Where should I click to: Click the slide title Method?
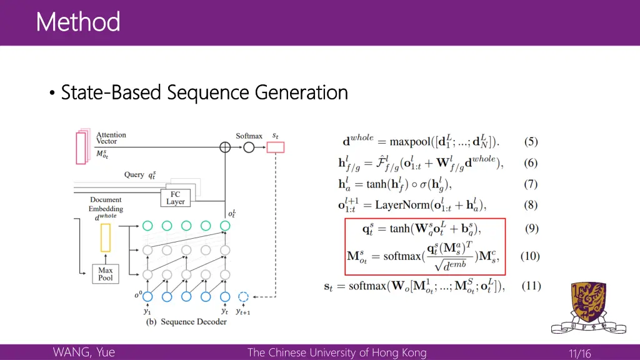(x=78, y=22)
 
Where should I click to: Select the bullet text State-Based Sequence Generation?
(x=204, y=92)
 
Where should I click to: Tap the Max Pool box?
(x=106, y=274)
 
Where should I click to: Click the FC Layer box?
(x=175, y=198)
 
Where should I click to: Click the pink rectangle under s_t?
(x=275, y=147)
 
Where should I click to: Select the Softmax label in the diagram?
(x=249, y=136)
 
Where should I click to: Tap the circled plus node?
(x=225, y=147)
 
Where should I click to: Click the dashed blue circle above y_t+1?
(x=244, y=297)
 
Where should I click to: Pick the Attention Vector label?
(x=111, y=138)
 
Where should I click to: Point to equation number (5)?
(x=531, y=142)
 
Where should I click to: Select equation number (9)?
(x=531, y=228)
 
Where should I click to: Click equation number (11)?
(x=531, y=286)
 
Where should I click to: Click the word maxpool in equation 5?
(x=411, y=142)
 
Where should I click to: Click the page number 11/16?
(x=579, y=354)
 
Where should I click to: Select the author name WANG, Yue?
(x=84, y=352)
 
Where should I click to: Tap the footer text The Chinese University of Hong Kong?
(x=337, y=352)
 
